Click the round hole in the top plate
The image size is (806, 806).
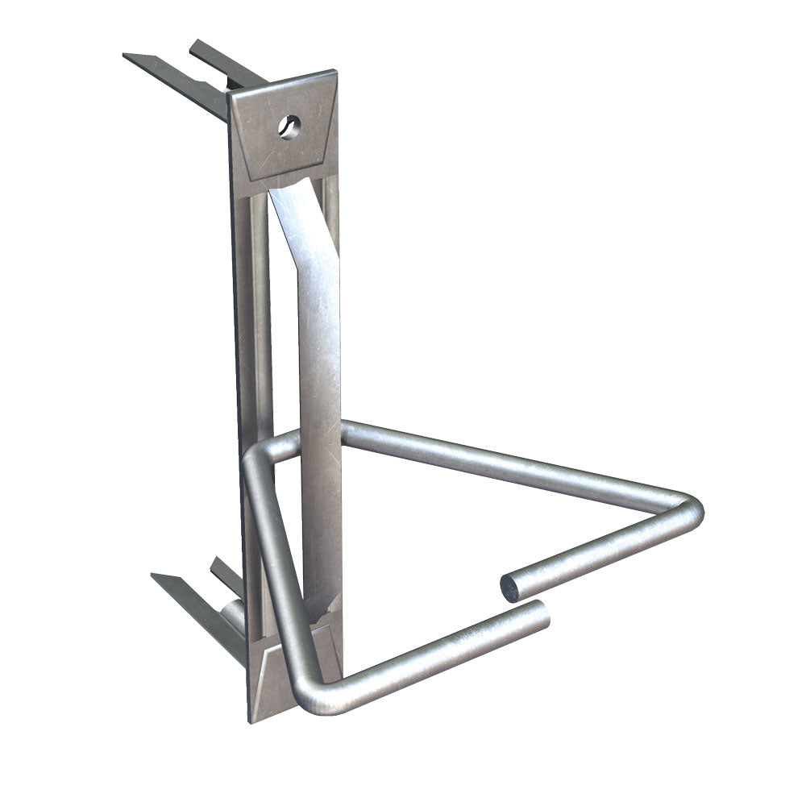point(289,126)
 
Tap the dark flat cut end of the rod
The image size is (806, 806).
point(510,588)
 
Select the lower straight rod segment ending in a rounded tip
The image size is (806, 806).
point(435,657)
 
